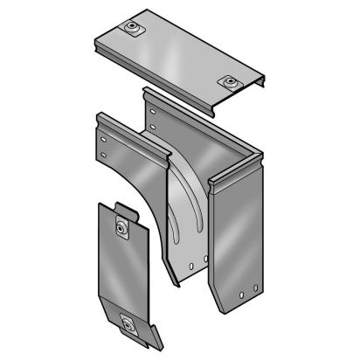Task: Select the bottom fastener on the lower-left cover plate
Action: (131, 325)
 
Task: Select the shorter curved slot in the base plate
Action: (175, 218)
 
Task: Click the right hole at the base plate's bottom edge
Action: (204, 260)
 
